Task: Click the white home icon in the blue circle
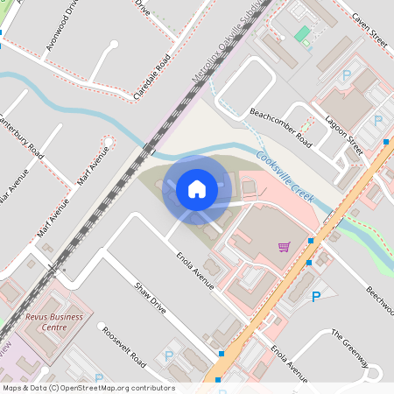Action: pyautogui.click(x=197, y=188)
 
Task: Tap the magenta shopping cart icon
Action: pyautogui.click(x=283, y=247)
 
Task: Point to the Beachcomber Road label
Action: pyautogui.click(x=280, y=127)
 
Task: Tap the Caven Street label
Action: pyautogui.click(x=369, y=29)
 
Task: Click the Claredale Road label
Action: pyautogui.click(x=150, y=78)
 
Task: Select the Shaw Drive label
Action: pyautogui.click(x=150, y=299)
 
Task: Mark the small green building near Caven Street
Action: pyautogui.click(x=302, y=34)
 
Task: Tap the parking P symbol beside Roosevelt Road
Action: pyautogui.click(x=168, y=356)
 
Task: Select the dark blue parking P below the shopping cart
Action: pyautogui.click(x=316, y=298)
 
